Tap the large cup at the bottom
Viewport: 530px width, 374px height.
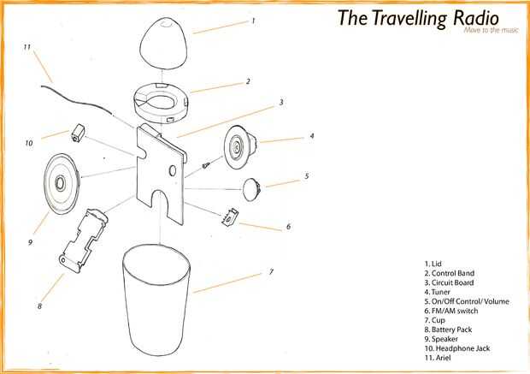click(156, 300)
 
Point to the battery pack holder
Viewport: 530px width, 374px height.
click(84, 240)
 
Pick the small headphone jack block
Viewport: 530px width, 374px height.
click(78, 133)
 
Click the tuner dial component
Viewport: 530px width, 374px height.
click(241, 147)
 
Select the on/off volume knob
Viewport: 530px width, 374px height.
click(251, 189)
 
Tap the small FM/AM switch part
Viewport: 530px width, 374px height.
click(230, 217)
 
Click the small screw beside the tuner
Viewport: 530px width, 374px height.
click(206, 165)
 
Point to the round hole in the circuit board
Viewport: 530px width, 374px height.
click(173, 170)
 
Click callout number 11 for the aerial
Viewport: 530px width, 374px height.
click(27, 47)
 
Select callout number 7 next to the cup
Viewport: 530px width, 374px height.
click(271, 271)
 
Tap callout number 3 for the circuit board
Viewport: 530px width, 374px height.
click(281, 102)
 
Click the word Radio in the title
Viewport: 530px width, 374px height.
click(476, 18)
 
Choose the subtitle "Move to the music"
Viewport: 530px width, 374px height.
click(491, 30)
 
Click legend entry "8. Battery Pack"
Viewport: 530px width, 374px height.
click(448, 329)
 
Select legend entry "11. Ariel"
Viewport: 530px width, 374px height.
click(438, 358)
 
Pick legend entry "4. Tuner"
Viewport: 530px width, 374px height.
click(438, 292)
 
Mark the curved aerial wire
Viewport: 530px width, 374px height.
click(76, 100)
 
